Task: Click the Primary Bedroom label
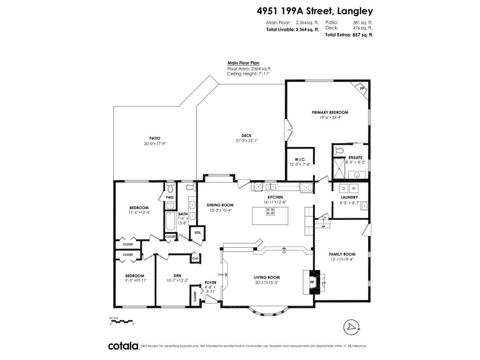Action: (x=330, y=112)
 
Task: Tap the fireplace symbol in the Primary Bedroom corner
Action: (x=361, y=89)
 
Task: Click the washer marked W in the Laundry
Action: (x=354, y=188)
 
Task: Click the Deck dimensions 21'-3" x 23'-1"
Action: (x=246, y=140)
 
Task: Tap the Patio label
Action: (x=155, y=138)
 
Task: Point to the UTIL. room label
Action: (x=197, y=232)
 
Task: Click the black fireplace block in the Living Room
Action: (x=311, y=282)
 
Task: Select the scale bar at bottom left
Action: (x=121, y=321)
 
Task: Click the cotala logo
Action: (x=123, y=346)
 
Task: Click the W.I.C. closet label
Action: (x=300, y=159)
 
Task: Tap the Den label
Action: (x=177, y=275)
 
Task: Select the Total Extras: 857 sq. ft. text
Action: (x=349, y=35)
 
